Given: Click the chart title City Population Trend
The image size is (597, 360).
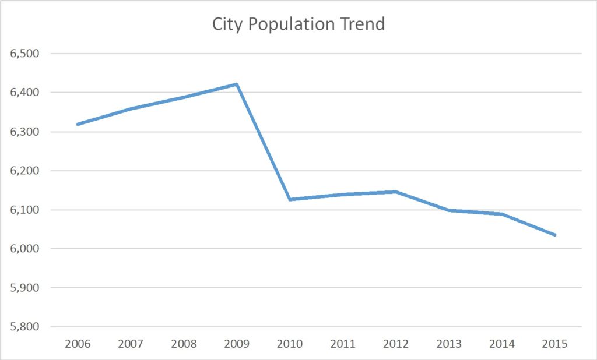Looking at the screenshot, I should (298, 24).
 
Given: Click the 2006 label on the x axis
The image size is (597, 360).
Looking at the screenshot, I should (78, 344).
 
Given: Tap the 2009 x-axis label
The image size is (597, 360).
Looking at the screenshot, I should (237, 344).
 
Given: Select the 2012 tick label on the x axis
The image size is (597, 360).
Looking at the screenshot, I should (396, 344).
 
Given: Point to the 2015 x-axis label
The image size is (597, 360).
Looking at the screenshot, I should (555, 344).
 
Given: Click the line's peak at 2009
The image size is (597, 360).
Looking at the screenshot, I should (237, 84).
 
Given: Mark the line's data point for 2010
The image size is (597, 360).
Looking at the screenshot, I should (290, 199).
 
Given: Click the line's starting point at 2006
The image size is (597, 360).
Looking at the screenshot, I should (78, 124).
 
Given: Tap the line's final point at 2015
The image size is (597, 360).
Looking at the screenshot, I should (555, 235).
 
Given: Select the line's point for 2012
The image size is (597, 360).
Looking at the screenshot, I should (396, 192).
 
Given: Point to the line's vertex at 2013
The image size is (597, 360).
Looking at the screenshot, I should (449, 210).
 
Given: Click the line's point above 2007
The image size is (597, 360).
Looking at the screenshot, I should (131, 108).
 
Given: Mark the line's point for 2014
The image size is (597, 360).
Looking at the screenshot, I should (502, 214).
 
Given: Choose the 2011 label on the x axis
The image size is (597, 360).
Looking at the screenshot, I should (343, 344).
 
